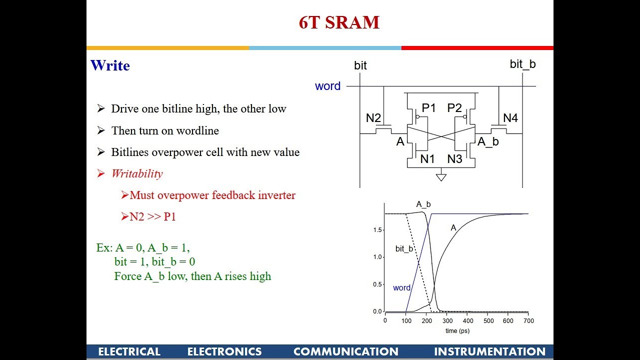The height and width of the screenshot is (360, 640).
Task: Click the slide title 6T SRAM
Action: point(339,23)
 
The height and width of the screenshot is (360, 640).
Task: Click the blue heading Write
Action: point(110,65)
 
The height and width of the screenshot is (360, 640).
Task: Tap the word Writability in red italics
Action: point(137,173)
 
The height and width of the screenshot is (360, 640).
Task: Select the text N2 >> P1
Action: point(152,216)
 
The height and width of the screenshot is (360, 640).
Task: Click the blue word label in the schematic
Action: point(327,86)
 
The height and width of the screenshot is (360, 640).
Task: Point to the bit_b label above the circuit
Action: point(522,64)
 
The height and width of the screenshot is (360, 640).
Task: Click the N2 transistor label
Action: point(373,118)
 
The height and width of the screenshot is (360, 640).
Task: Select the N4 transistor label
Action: point(510,118)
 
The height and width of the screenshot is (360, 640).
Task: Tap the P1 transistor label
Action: point(429,108)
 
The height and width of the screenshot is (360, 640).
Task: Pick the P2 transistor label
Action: point(454,108)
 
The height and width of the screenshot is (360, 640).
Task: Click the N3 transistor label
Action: point(454,159)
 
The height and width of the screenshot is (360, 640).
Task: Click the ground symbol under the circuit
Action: point(441,176)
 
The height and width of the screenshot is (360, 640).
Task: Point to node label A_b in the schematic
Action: point(488,141)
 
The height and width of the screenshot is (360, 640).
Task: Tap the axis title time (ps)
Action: point(457,330)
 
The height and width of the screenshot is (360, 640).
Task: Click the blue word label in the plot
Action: point(401,288)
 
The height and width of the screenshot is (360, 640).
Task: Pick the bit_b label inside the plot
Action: point(404,248)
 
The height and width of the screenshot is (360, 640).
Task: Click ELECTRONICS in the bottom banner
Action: point(224,351)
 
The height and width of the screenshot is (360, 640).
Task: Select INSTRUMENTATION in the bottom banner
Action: point(489,351)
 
